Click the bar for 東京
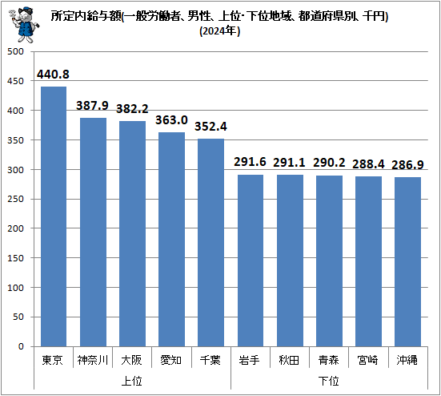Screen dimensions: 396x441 [x=53, y=216]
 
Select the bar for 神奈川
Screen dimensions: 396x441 [x=93, y=232]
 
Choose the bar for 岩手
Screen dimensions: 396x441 [x=250, y=261]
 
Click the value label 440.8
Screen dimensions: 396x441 [x=53, y=75]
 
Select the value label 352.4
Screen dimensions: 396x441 [x=210, y=127]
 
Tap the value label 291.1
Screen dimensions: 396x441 [x=289, y=162]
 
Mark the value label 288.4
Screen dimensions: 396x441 [x=368, y=164]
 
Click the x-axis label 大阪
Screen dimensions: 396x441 [x=132, y=360]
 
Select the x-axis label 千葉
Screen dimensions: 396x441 [x=210, y=360]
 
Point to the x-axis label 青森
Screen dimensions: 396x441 [x=328, y=360]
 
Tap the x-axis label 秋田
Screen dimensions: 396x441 [x=289, y=360]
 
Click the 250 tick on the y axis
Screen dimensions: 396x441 [x=15, y=199]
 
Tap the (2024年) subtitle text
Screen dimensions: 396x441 [x=219, y=33]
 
